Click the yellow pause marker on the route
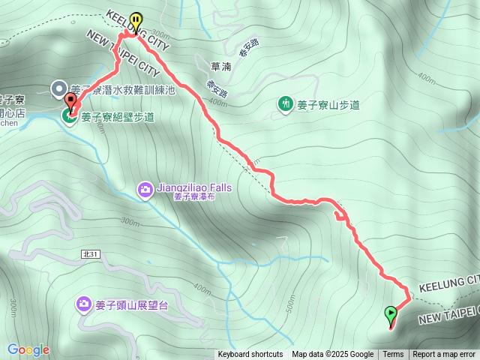point(136,22)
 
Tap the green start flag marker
point(391,313)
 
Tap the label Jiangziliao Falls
point(194,187)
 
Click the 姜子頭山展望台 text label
point(134,304)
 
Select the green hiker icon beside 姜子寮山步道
point(285,103)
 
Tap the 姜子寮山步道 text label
point(328,104)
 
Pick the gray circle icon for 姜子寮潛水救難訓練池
point(58,89)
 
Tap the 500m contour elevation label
point(290,307)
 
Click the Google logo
point(28,349)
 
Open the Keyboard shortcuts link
point(250,355)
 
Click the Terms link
point(393,355)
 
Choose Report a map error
point(445,355)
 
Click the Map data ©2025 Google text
point(332,355)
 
